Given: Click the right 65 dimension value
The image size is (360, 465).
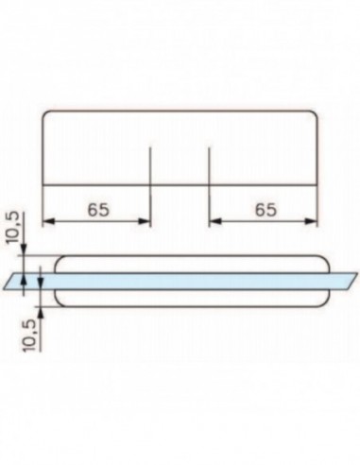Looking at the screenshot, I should pos(266,210).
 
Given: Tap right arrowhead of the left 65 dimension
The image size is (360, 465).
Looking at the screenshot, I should pos(146,222).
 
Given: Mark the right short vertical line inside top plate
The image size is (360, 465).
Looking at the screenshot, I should pos(209,164).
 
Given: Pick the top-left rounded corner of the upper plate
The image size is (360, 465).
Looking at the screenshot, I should pos(47,116).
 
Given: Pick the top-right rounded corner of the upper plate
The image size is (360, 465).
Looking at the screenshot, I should pos(313,116).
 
